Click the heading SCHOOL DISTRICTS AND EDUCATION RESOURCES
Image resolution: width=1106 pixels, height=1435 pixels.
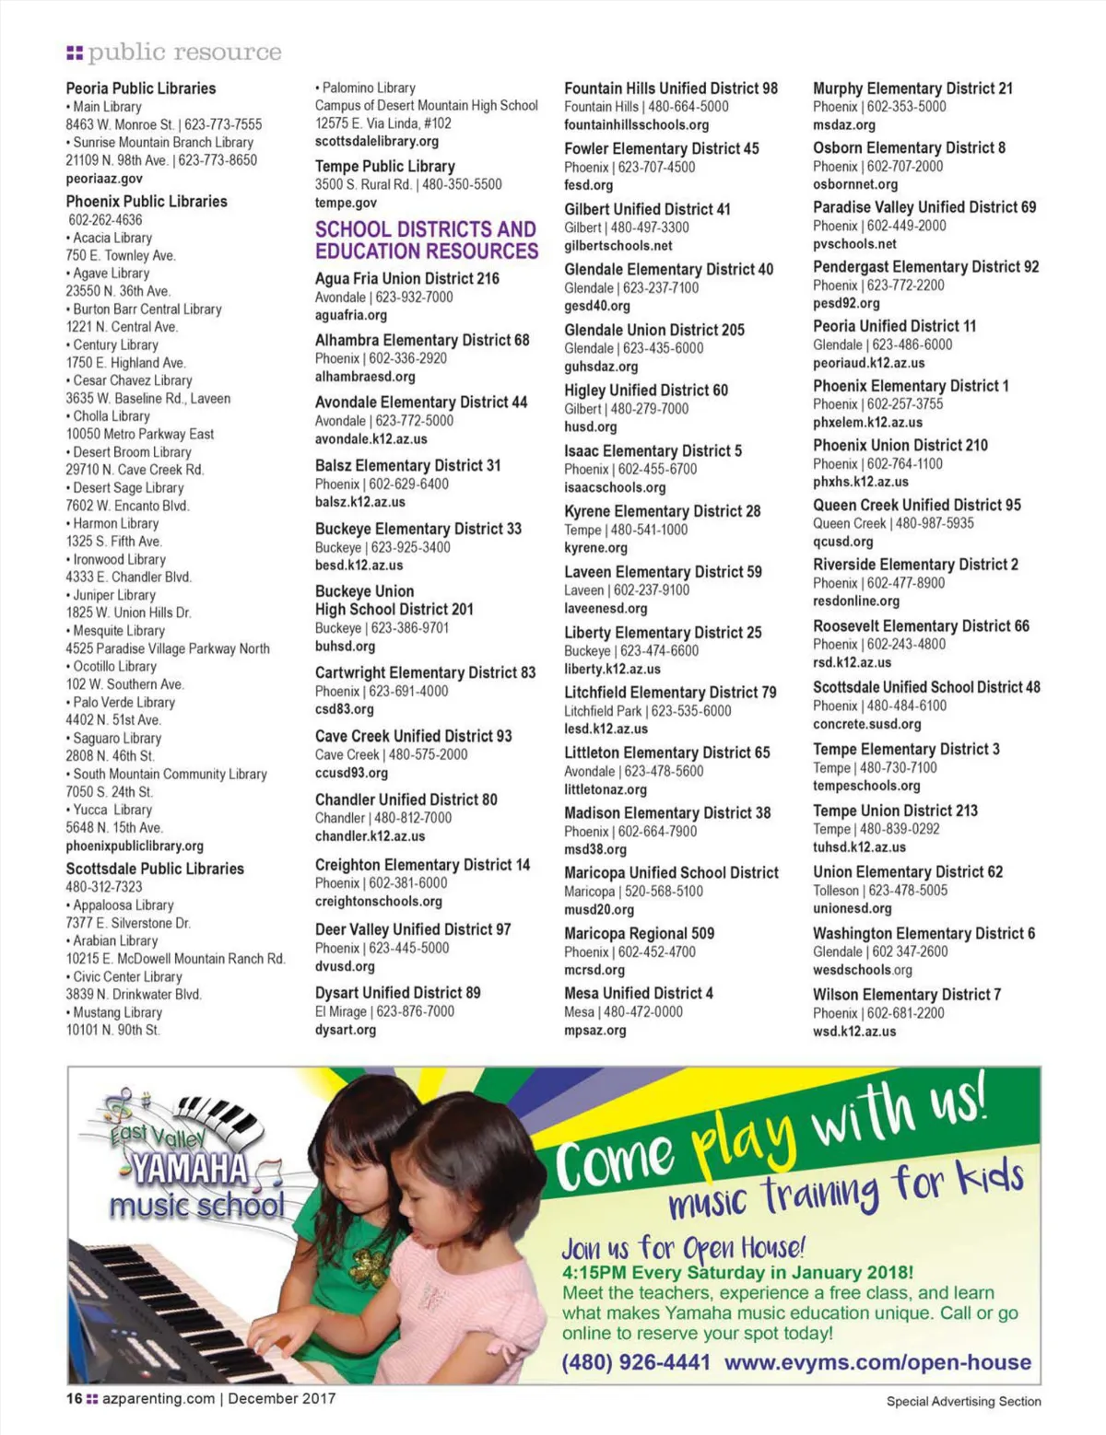[x=426, y=240]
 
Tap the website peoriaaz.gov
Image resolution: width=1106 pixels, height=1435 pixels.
[x=104, y=179]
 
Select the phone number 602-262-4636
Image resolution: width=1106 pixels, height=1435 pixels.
[x=105, y=220]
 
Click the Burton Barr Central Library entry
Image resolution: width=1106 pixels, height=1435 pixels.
[x=147, y=309]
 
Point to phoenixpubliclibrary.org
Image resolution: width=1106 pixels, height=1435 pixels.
[x=135, y=846]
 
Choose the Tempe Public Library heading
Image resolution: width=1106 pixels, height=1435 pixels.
[x=385, y=166]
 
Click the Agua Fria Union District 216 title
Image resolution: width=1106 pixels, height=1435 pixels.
[x=407, y=278]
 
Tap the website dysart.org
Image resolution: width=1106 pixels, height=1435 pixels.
[x=346, y=1030]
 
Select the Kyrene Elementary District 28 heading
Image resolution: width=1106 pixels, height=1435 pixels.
[x=663, y=511]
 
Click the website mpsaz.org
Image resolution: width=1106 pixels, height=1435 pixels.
[x=595, y=1031]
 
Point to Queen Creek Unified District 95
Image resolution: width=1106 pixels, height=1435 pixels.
[x=917, y=505]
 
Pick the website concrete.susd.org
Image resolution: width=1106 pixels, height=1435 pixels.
[x=867, y=724]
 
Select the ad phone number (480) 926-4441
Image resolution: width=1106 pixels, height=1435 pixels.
[x=636, y=1362]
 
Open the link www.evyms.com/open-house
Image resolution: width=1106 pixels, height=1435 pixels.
[x=877, y=1362]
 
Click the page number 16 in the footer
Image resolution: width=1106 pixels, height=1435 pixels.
[x=74, y=1398]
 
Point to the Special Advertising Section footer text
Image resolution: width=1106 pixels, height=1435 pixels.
[x=963, y=1401]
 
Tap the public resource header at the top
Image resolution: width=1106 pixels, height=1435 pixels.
[x=183, y=52]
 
